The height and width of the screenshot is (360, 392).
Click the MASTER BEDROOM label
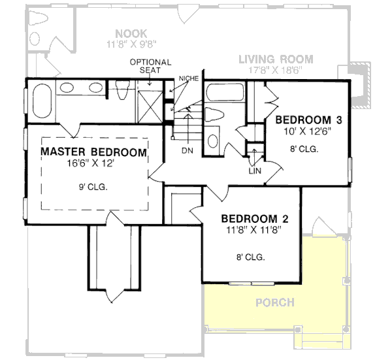tap(93, 152)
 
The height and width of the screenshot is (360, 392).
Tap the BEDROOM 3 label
tap(308, 120)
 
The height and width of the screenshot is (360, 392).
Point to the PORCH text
tap(274, 303)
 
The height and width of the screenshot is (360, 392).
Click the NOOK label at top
tap(131, 33)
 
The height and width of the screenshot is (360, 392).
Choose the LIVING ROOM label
tap(275, 59)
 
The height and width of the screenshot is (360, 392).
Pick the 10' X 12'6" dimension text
tap(308, 131)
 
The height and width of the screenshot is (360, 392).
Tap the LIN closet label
tap(254, 171)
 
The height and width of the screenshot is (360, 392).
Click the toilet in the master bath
tap(120, 91)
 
